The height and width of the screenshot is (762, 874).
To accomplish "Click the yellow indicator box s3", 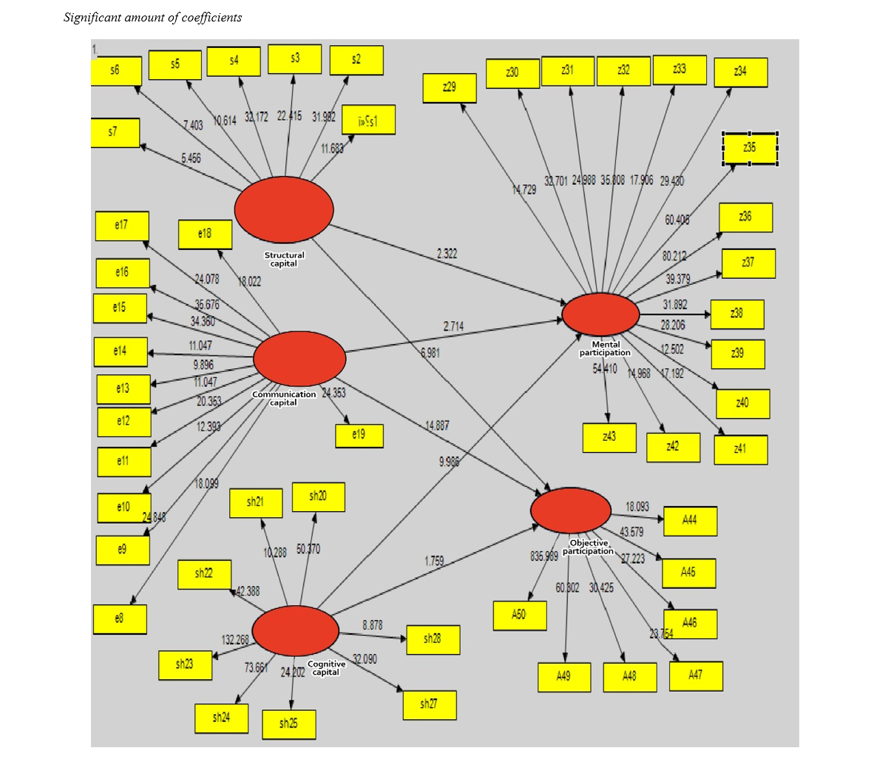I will (x=294, y=58).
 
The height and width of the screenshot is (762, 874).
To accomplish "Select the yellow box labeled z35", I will (x=750, y=149).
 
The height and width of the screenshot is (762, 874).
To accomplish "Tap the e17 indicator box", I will (x=122, y=226).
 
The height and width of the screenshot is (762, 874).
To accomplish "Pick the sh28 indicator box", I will (x=433, y=639).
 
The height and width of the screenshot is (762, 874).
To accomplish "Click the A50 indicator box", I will (x=520, y=615).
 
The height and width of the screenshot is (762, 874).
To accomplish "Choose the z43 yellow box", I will (x=609, y=437).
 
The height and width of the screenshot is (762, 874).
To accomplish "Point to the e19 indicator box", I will (x=359, y=435).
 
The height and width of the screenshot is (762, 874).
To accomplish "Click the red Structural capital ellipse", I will (x=284, y=209).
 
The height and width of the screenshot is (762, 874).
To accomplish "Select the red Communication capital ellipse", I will (x=299, y=358).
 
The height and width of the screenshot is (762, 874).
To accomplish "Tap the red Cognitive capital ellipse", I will (x=295, y=630).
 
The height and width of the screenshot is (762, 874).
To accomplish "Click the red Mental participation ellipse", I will (x=600, y=314).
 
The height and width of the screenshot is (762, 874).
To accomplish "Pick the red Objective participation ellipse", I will (x=571, y=510).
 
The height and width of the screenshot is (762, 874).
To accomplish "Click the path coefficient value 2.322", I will (x=447, y=254).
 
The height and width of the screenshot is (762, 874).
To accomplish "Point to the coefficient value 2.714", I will (x=454, y=326).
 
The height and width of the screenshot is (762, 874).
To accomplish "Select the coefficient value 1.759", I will (x=435, y=562).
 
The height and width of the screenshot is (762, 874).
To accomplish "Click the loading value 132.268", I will (x=235, y=640).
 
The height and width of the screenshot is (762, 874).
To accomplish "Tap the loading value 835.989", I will (x=544, y=556).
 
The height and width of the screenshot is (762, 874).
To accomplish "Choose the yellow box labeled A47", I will (x=696, y=675).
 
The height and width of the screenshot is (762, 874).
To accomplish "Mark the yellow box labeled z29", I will (x=450, y=88).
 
